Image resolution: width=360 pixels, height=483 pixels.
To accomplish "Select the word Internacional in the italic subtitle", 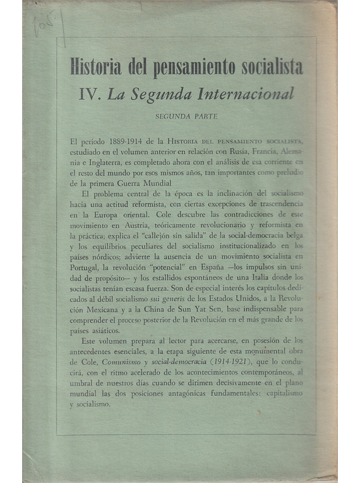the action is pyautogui.click(x=255, y=95).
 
